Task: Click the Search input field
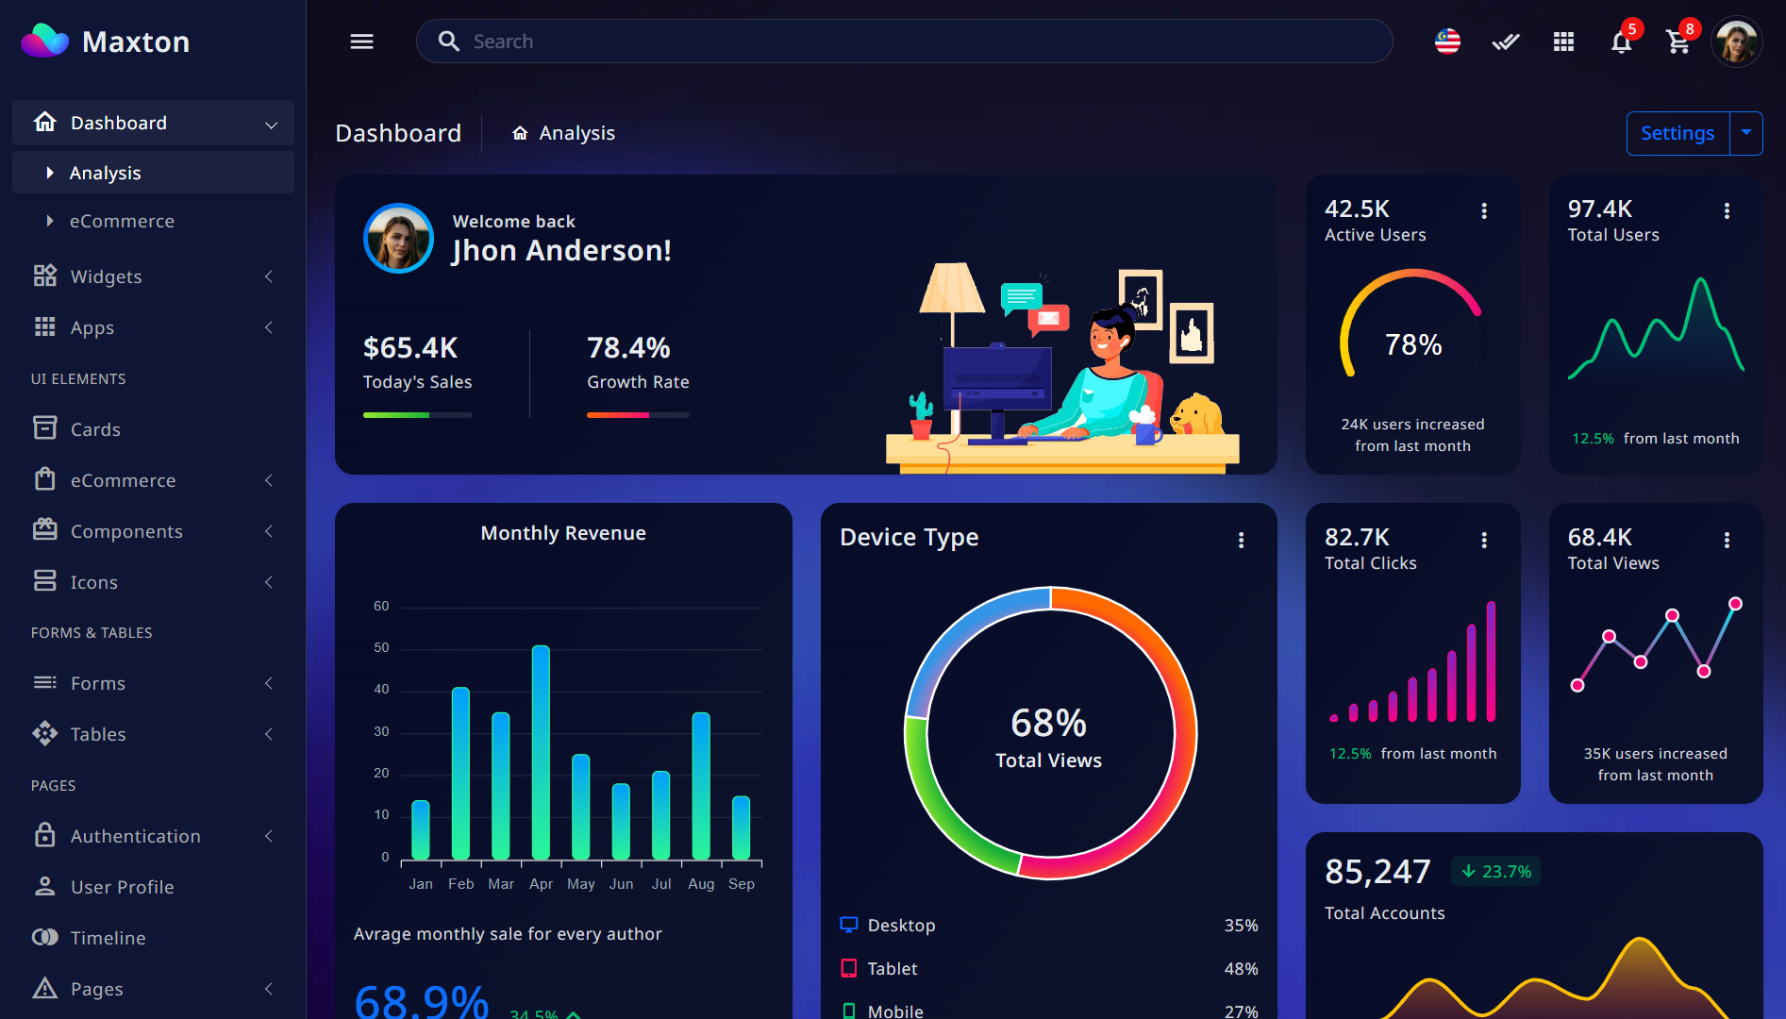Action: [x=904, y=42]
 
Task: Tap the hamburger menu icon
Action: [x=362, y=42]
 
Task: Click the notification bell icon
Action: [x=1621, y=42]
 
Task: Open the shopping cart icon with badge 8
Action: [x=1678, y=42]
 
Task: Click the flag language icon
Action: [x=1447, y=42]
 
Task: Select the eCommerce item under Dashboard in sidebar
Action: [x=122, y=221]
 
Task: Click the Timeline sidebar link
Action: [x=108, y=938]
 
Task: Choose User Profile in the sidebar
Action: [x=122, y=887]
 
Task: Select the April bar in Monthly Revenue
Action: [x=541, y=752]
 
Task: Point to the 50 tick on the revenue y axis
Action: [x=381, y=647]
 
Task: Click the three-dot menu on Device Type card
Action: [x=1241, y=540]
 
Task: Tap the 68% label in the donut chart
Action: [x=1048, y=724]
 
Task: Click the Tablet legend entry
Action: [x=892, y=968]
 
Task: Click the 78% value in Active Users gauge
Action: [x=1412, y=344]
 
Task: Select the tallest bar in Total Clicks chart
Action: [x=1491, y=661]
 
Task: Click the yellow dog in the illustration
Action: [x=1196, y=414]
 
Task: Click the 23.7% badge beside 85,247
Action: [x=1496, y=872]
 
